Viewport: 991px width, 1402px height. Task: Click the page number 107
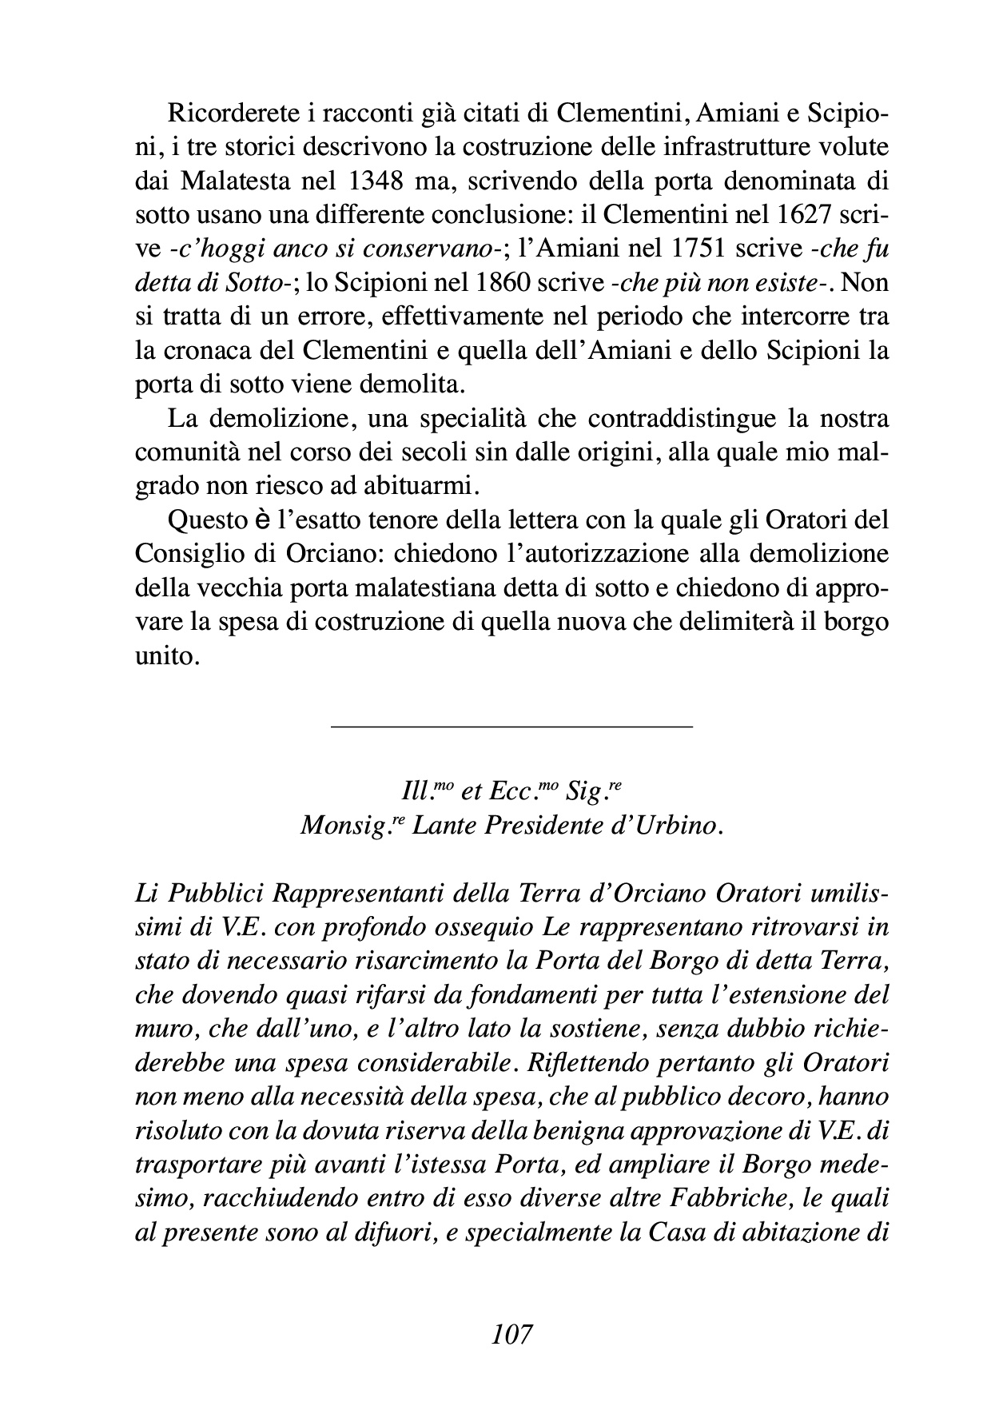coord(512,1336)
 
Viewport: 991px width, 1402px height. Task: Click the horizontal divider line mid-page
coord(511,726)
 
